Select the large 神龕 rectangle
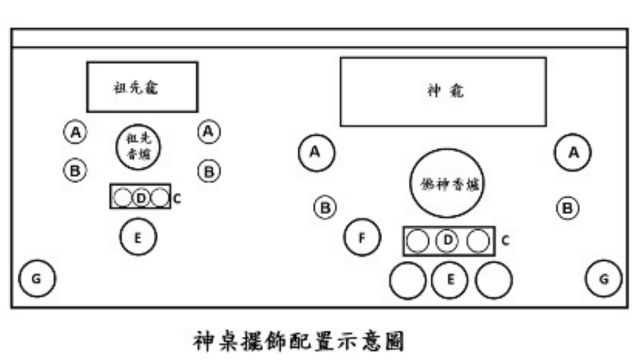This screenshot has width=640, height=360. click(443, 91)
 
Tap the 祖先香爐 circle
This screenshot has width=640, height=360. click(139, 149)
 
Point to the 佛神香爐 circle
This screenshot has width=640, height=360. click(447, 183)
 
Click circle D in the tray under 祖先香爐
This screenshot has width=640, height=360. click(140, 197)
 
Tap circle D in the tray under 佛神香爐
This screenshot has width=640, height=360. click(449, 241)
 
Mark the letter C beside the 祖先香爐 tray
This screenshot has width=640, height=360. click(177, 198)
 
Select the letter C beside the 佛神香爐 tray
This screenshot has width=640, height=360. click(505, 240)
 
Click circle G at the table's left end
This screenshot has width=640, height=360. click(37, 278)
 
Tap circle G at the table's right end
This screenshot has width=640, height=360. click(603, 278)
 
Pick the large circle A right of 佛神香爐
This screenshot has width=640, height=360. click(573, 152)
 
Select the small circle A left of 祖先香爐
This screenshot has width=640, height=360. click(74, 130)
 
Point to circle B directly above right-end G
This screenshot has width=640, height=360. click(567, 208)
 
